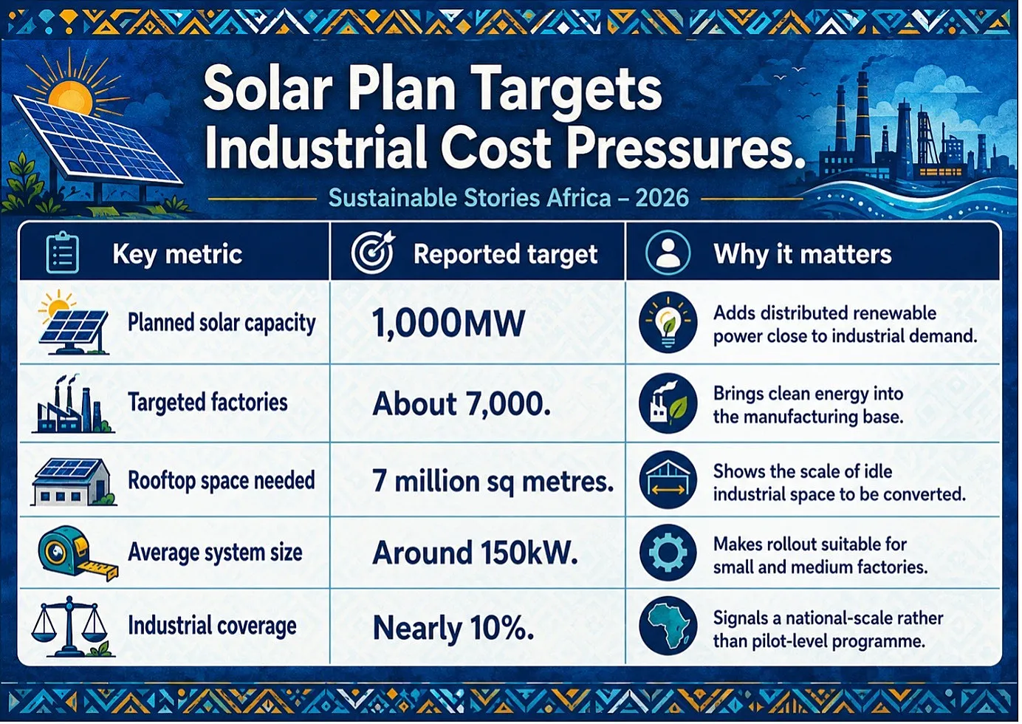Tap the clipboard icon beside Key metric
pyautogui.click(x=63, y=253)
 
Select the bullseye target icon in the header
pyautogui.click(x=372, y=252)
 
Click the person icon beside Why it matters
pyautogui.click(x=668, y=253)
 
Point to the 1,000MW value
pyautogui.click(x=448, y=323)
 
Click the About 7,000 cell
pyautogui.click(x=462, y=404)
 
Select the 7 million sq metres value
pyautogui.click(x=493, y=481)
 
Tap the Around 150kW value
pyautogui.click(x=475, y=553)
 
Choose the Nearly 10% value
pyautogui.click(x=453, y=628)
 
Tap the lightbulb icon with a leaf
pyautogui.click(x=668, y=322)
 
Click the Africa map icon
pyautogui.click(x=668, y=626)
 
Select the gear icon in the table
pyautogui.click(x=668, y=553)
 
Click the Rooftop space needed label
pyautogui.click(x=222, y=481)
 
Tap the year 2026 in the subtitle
pyautogui.click(x=662, y=198)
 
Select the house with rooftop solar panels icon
pyautogui.click(x=73, y=482)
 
